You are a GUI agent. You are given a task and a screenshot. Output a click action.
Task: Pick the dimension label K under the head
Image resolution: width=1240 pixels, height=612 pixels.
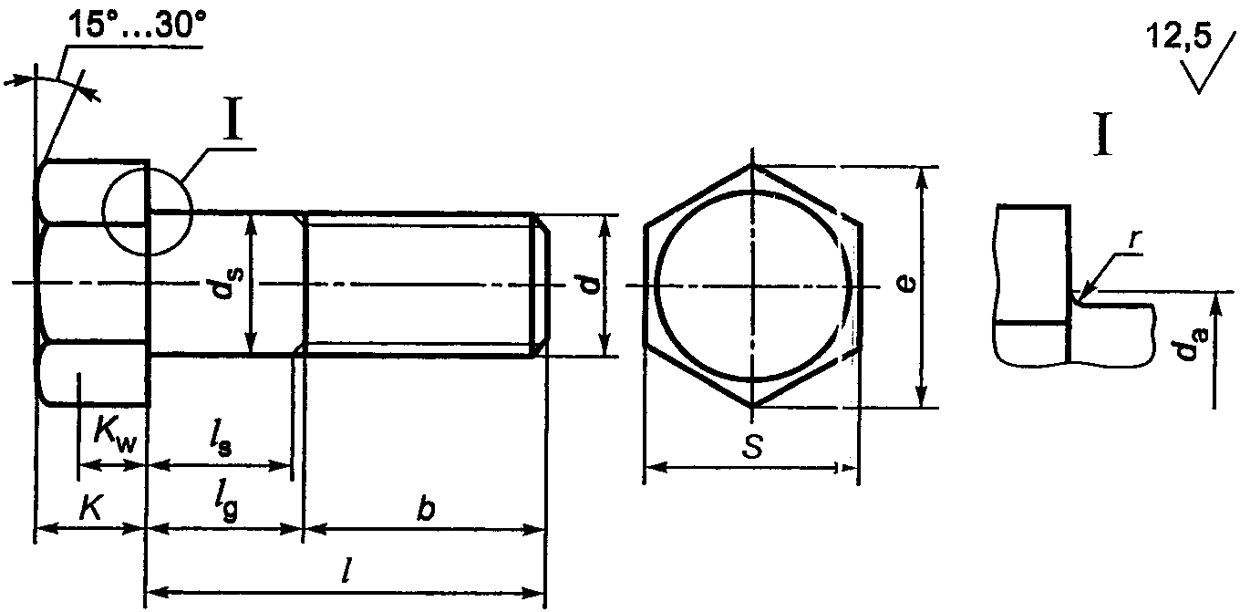(91, 507)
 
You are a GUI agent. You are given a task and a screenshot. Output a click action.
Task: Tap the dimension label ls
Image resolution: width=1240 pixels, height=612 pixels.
(221, 441)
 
